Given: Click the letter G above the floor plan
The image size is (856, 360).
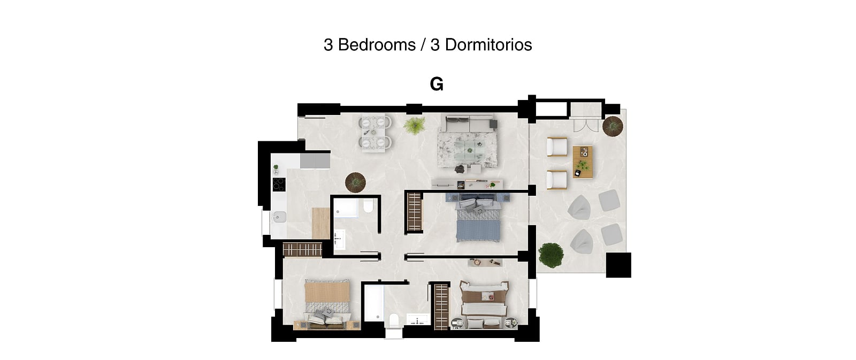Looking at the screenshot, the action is (437, 84).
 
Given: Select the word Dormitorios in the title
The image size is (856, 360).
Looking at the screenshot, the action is (488, 45).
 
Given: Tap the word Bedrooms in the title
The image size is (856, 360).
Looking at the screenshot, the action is (377, 45).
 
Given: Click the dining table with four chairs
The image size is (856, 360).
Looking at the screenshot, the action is (375, 133).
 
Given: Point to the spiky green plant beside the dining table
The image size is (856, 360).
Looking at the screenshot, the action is (415, 125).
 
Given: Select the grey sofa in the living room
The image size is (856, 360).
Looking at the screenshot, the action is (469, 123).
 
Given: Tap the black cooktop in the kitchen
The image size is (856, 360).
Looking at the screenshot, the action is (279, 184).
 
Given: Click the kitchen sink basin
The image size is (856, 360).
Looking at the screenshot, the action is (279, 217).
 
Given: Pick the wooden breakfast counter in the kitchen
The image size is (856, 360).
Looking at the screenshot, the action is (320, 223).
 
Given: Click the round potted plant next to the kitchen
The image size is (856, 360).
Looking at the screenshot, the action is (355, 182).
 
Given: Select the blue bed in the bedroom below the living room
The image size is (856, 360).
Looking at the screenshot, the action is (478, 220).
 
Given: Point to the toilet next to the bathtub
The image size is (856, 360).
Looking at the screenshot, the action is (394, 320).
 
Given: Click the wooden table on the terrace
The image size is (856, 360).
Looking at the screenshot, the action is (583, 162).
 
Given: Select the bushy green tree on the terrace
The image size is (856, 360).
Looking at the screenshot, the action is (551, 255).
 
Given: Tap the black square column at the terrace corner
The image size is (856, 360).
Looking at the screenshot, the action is (618, 265).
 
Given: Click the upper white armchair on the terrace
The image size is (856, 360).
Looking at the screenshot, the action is (557, 147).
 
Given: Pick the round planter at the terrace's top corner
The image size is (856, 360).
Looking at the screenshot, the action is (613, 126).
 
